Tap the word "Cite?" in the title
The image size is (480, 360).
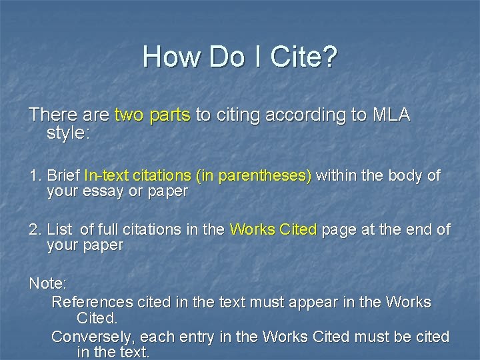coord(303,57)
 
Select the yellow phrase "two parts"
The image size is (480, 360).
coord(153,115)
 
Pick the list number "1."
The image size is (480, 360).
coord(35,176)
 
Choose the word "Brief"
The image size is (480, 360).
coord(64,176)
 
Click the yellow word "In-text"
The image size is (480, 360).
coord(106,176)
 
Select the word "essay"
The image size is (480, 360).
coord(100,191)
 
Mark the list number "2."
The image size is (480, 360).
coord(35,230)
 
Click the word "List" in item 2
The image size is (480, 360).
coord(59,230)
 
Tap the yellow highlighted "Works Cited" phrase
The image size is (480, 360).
coord(273,230)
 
